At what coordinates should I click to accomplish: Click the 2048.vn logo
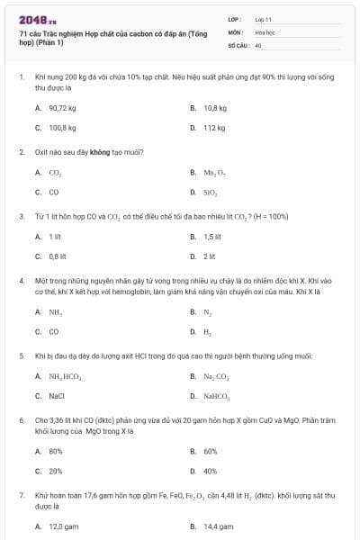(x=37, y=19)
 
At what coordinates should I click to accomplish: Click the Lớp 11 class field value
(x=263, y=18)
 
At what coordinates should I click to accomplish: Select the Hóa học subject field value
(x=265, y=31)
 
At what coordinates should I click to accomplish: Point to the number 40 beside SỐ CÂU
(x=258, y=44)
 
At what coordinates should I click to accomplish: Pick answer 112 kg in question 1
(x=214, y=128)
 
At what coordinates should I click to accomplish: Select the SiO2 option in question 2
(x=211, y=192)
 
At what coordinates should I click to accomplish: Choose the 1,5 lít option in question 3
(x=212, y=236)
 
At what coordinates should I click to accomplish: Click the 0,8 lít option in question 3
(x=57, y=256)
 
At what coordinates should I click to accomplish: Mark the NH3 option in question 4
(x=56, y=311)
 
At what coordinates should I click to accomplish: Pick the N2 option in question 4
(x=208, y=311)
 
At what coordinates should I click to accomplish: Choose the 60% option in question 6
(x=211, y=450)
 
